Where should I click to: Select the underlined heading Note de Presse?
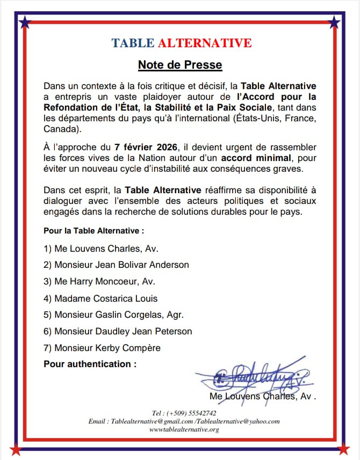click(180, 65)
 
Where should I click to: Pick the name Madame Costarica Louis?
click(100, 298)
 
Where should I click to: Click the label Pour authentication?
click(90, 364)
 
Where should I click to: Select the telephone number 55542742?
click(199, 413)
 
